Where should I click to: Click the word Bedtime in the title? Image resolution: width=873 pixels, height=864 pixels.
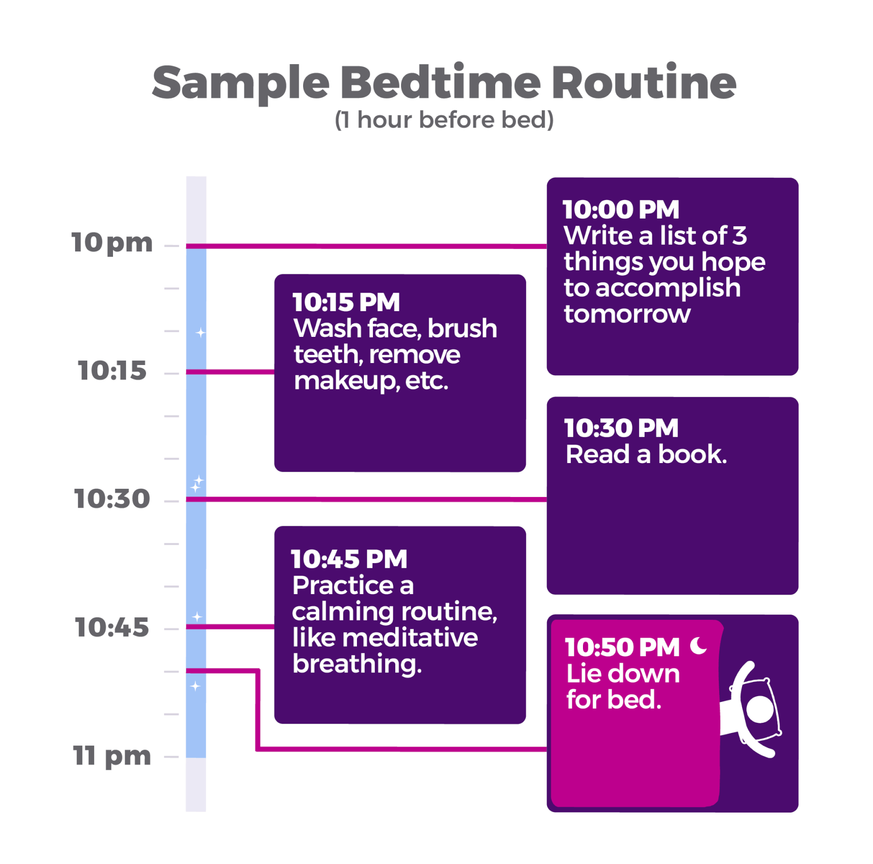440,82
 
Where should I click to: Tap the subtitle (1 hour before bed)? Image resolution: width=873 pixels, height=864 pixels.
444,119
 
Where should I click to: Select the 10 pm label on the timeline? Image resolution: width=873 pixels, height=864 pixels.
112,243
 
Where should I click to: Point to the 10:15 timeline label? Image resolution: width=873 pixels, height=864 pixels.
112,371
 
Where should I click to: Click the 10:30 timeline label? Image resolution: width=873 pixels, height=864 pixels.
112,499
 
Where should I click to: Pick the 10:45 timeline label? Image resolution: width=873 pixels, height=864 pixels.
112,627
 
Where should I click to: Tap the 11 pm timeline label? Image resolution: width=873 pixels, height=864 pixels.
112,756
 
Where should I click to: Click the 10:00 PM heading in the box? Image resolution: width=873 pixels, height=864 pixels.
621,210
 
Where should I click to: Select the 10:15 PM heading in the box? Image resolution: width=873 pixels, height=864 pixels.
346,302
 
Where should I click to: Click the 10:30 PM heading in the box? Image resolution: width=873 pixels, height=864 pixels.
621,428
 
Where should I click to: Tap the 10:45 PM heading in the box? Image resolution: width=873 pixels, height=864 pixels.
349,559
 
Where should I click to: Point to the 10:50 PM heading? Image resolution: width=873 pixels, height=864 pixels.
623,648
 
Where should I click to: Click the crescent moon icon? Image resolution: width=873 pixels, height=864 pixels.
698,646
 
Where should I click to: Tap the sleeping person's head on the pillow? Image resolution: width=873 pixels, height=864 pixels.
760,710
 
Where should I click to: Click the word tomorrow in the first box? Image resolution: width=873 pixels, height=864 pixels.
627,314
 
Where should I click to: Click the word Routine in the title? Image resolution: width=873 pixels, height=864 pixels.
644,82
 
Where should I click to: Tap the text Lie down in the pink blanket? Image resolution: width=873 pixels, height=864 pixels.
623,674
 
